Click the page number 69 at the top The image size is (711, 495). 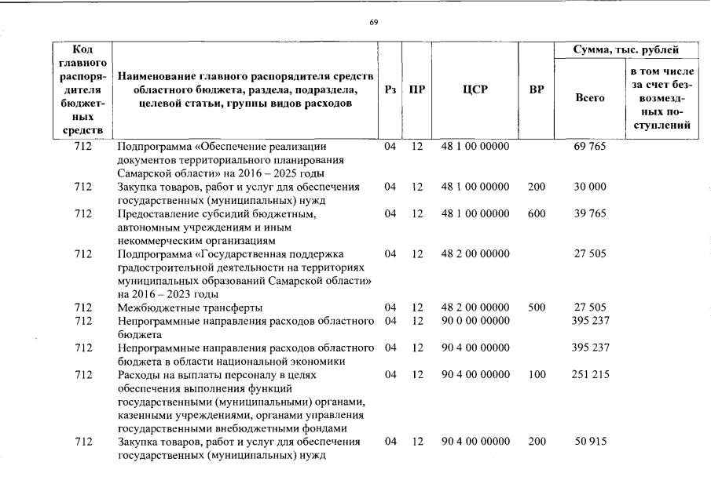[x=373, y=21]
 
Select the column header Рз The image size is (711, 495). [x=390, y=89]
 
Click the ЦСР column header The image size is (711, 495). [x=475, y=89]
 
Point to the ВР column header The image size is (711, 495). [x=536, y=89]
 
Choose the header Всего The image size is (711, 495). [x=589, y=98]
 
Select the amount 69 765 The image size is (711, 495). [x=590, y=147]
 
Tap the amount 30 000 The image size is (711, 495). [x=590, y=187]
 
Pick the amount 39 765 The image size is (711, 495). [x=590, y=213]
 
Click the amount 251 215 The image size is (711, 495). [x=590, y=375]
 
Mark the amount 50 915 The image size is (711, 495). [x=590, y=442]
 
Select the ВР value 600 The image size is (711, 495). [x=536, y=213]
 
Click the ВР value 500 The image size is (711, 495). [x=536, y=308]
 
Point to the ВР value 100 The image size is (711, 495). [x=536, y=375]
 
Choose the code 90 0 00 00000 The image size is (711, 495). [x=475, y=321]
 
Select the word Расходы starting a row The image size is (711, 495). [x=137, y=375]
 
